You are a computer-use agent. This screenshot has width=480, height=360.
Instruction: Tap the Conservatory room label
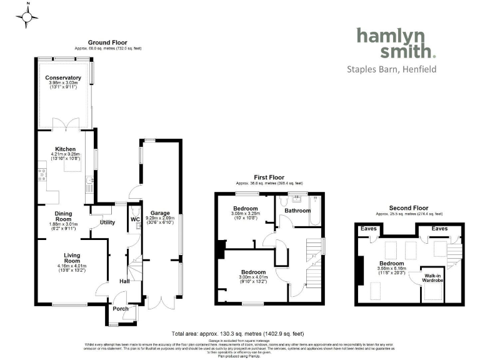click(x=63, y=77)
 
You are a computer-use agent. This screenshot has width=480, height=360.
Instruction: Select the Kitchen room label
click(x=64, y=149)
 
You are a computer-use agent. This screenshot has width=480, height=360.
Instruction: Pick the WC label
click(x=135, y=220)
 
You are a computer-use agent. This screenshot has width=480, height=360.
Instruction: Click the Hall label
click(x=124, y=281)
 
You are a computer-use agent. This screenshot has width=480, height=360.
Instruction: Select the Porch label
click(x=120, y=309)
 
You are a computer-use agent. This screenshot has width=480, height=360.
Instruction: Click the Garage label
click(x=160, y=214)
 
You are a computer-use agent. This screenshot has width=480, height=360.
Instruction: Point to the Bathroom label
click(x=297, y=211)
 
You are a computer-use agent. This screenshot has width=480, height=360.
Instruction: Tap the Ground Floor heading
click(x=107, y=42)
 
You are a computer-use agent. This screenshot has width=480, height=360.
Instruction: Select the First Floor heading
click(x=268, y=177)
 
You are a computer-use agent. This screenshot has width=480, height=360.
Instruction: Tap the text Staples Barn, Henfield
click(x=391, y=69)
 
